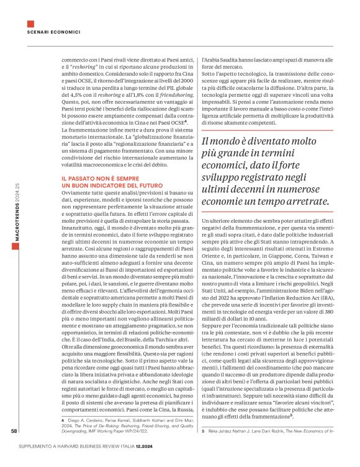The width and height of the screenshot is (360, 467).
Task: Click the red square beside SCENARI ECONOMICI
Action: pos(29,24)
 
